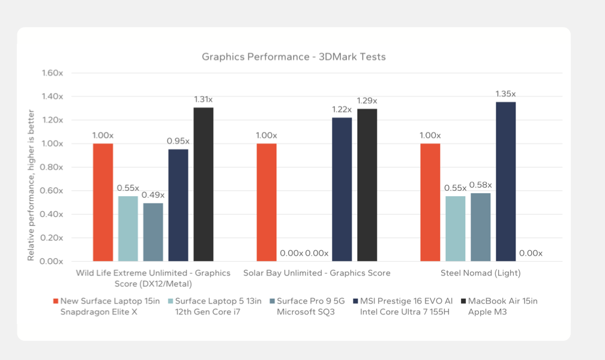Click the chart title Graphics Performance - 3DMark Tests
293,57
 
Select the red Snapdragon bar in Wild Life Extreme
103,202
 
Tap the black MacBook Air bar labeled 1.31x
203,184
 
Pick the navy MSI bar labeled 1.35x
505,181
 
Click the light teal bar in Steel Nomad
455,229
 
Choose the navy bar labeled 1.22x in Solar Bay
342,189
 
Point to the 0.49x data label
153,195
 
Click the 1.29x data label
367,101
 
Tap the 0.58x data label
480,185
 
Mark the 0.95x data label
178,141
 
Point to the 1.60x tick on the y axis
52,73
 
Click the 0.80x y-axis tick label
52,167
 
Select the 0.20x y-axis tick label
52,238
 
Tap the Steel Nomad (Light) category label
480,273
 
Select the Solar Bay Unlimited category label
316,273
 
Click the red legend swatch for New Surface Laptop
56,301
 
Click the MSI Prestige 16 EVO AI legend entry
401,306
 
